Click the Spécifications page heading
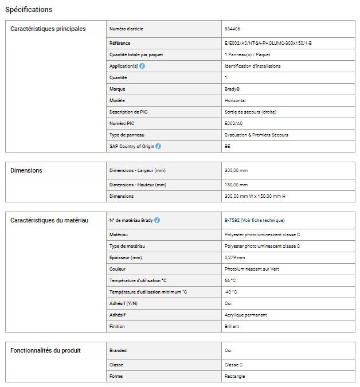tap(29, 10)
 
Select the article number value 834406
tap(232, 28)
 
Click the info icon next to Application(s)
tap(142, 66)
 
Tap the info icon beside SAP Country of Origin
tap(158, 146)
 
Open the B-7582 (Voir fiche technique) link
tap(255, 220)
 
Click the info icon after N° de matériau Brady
tap(157, 220)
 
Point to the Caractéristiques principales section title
tap(48, 29)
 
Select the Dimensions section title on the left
tap(26, 170)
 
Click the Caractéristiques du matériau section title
tap(49, 221)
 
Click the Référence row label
tap(120, 43)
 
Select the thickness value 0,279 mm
tap(236, 257)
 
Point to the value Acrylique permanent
tap(246, 315)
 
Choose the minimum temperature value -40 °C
tap(231, 292)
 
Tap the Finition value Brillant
tap(232, 326)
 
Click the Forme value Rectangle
tap(234, 376)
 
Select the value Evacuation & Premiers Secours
tap(256, 135)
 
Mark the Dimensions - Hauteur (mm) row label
tap(138, 185)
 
